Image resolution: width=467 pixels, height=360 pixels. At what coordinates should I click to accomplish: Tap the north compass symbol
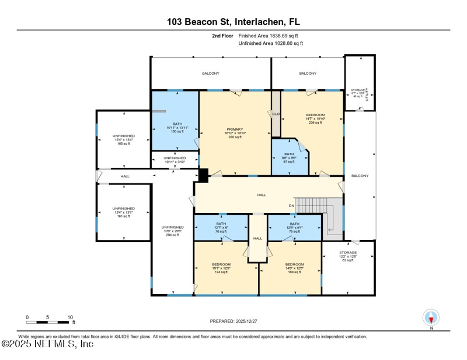431,317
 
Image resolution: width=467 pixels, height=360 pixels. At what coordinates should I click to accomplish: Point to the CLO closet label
276,114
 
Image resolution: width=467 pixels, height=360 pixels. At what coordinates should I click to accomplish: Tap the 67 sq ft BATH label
290,158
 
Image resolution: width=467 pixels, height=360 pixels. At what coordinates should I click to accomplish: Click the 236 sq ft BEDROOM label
315,118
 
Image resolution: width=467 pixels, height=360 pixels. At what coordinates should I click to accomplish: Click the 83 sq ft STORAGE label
348,256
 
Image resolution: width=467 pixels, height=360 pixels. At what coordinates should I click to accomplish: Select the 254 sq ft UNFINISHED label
172,231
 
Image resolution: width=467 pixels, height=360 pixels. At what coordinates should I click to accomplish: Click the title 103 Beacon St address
233,22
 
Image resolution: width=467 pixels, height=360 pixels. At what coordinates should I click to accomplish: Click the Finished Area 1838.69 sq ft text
271,36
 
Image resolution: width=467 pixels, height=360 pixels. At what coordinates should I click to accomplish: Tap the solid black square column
203,174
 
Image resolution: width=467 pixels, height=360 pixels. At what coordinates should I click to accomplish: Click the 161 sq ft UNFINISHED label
123,212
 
